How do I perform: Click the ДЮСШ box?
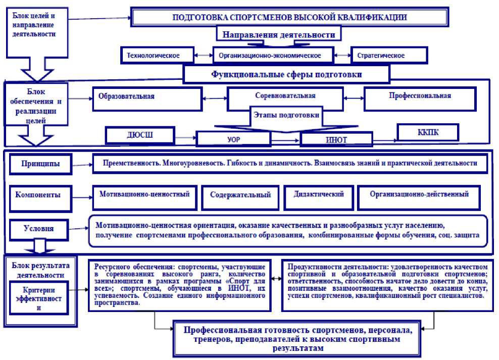[x=139, y=135]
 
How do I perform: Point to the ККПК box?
[x=428, y=132]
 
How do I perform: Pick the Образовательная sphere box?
[x=147, y=98]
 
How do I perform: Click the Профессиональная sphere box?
[x=420, y=97]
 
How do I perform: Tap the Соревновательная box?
[x=285, y=96]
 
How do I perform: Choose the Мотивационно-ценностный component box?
[x=144, y=196]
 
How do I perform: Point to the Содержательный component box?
[x=240, y=197]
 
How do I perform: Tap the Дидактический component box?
[x=318, y=196]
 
